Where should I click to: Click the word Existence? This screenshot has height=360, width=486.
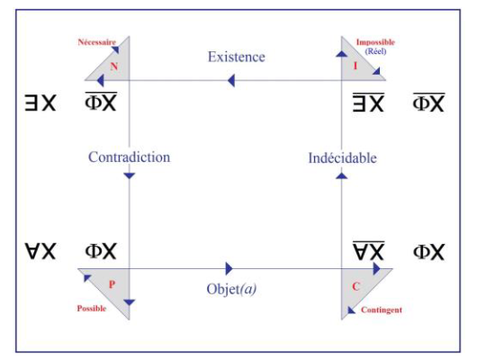[x=237, y=57]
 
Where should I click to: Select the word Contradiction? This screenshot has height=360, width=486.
[x=130, y=157]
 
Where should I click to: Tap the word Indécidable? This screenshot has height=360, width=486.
[x=343, y=157]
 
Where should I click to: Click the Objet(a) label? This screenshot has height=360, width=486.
[x=231, y=289]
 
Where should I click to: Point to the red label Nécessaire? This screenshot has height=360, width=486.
[x=96, y=42]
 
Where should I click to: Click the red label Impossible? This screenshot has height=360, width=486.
[x=375, y=42]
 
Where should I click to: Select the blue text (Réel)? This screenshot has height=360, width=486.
[x=375, y=51]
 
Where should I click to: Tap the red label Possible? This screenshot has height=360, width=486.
[x=92, y=308]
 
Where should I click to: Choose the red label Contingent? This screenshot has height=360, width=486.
[x=382, y=310]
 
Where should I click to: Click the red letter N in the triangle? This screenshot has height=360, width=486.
[x=114, y=66]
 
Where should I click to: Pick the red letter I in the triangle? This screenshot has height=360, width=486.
[x=355, y=66]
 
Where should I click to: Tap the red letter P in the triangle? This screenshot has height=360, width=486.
[x=112, y=284]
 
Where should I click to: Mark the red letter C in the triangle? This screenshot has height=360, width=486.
[x=355, y=286]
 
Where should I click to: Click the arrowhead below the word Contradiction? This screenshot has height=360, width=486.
[x=130, y=175]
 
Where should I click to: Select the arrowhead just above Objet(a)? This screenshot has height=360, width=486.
[x=229, y=268]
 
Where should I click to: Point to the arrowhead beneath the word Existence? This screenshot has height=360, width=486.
[x=231, y=81]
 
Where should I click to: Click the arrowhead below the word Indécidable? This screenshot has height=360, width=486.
[x=342, y=175]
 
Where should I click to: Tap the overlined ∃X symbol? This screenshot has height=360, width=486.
[x=368, y=102]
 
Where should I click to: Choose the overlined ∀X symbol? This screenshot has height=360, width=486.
[x=368, y=250]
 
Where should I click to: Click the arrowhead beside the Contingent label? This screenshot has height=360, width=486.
[x=351, y=310]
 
